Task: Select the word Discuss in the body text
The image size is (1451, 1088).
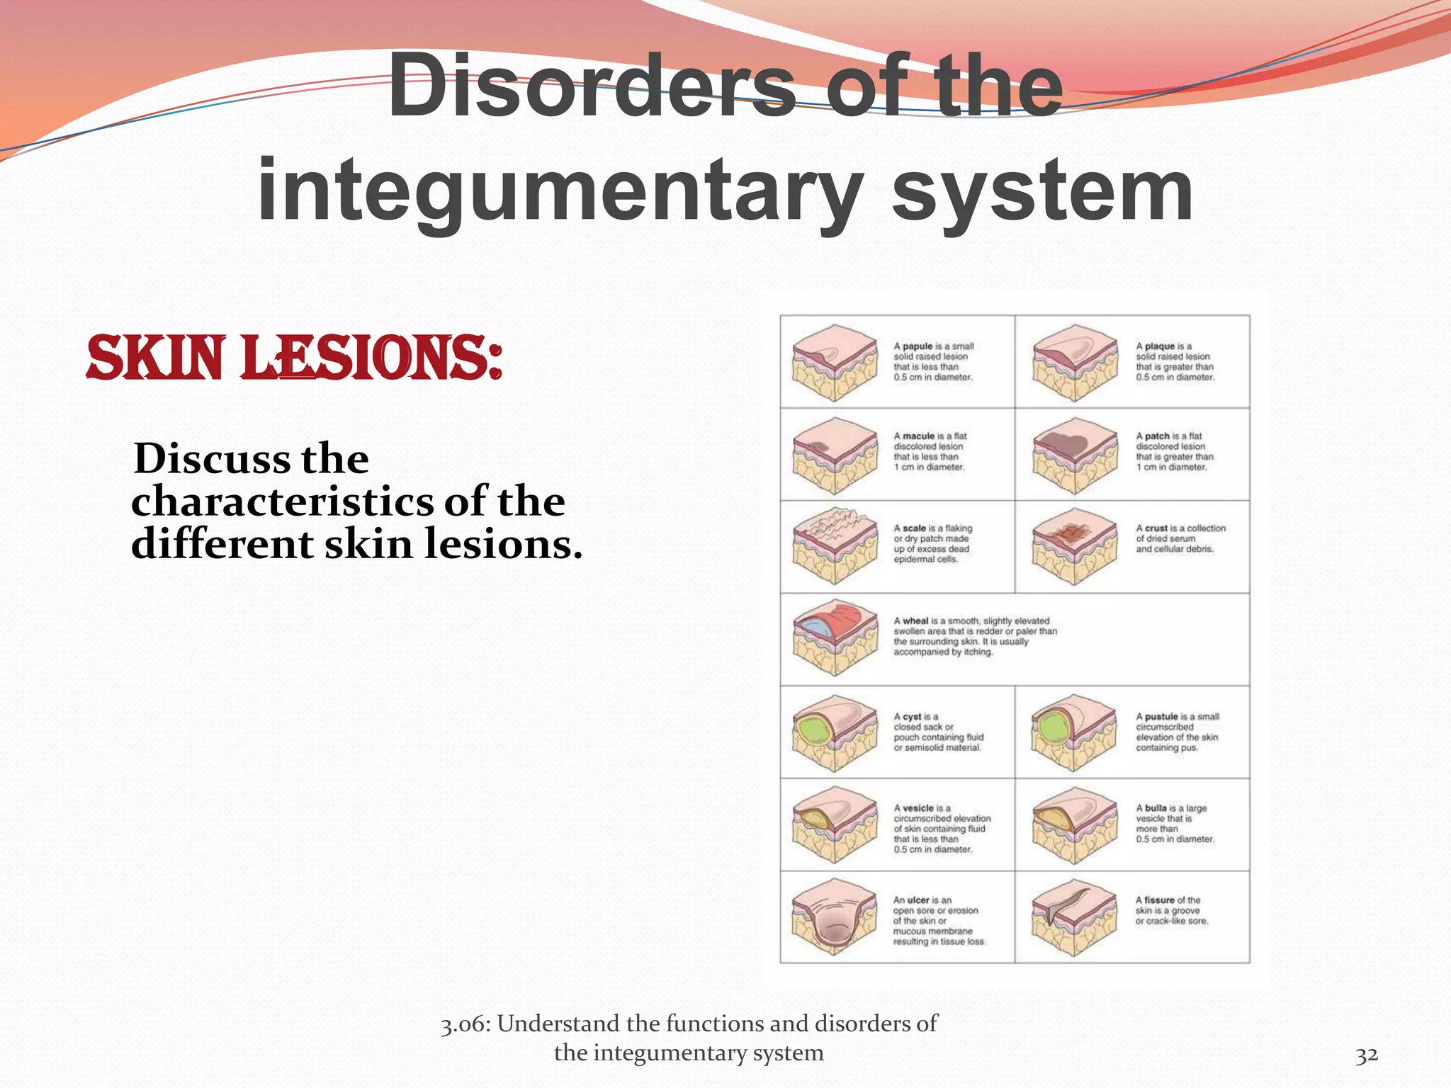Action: coord(211,458)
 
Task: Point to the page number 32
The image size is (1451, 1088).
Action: coord(1367,1055)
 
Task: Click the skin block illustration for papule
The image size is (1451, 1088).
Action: coord(835,362)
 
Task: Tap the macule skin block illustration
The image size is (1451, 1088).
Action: coord(835,455)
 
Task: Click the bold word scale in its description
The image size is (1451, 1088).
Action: coord(914,528)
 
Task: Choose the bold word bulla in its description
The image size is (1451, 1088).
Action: coord(1156,808)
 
